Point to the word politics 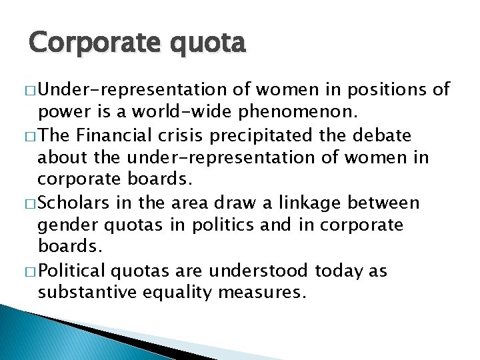(232, 226)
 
